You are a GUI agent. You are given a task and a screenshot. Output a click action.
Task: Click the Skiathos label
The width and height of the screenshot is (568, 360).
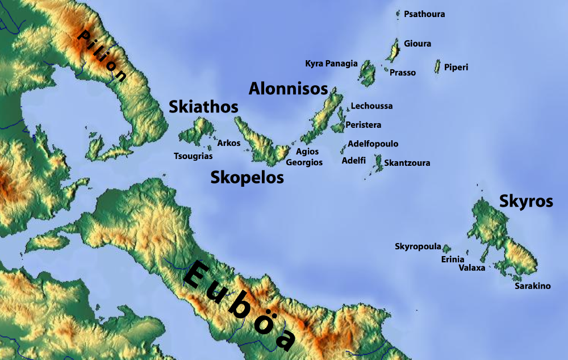tap(203, 107)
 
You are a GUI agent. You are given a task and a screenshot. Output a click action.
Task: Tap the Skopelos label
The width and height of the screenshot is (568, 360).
tap(247, 178)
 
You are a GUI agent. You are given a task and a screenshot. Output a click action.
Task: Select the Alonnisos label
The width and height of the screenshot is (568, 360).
tap(289, 89)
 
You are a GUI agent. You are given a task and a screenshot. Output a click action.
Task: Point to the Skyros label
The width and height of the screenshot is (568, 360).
tap(526, 201)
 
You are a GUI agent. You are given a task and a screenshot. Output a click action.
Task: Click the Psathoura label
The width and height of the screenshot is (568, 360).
tap(424, 14)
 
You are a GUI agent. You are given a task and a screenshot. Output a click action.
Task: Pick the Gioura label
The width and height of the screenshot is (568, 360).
tap(417, 44)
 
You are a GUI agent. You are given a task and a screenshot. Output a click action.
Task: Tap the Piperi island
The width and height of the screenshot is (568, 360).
tap(438, 66)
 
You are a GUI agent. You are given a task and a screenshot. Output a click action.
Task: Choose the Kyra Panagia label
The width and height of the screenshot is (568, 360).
tap(332, 64)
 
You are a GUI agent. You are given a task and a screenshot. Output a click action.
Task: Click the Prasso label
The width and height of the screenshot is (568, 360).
tap(403, 73)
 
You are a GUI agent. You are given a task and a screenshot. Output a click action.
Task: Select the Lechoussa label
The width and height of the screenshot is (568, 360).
tap(371, 106)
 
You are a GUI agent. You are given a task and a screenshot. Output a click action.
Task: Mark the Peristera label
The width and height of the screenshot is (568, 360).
tap(364, 125)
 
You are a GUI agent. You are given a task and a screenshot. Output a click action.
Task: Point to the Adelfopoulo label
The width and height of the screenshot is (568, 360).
tap(373, 144)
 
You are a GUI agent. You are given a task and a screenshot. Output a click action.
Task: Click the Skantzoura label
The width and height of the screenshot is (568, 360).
tap(407, 164)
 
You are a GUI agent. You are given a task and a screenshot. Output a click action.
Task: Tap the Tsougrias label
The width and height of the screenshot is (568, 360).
tap(193, 156)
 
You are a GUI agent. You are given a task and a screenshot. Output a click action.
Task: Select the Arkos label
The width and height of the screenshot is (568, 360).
tap(229, 143)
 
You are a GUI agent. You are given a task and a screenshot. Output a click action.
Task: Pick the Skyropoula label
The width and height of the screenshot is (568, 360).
tap(418, 246)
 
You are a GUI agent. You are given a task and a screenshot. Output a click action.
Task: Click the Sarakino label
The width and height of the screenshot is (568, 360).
tap(533, 286)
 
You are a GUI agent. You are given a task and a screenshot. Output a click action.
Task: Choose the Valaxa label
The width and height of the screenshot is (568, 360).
tap(472, 268)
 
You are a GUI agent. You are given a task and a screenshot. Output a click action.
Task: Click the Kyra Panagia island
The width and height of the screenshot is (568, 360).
tap(367, 74)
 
